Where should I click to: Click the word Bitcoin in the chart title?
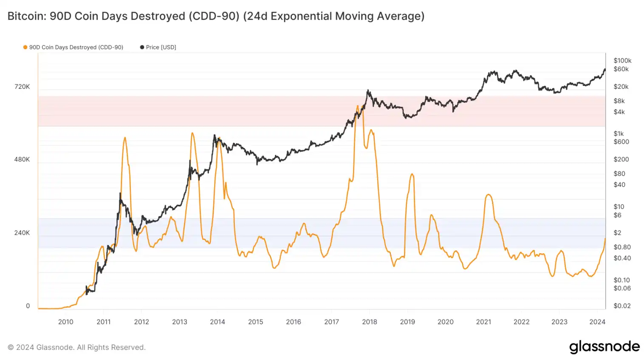[x=26, y=16]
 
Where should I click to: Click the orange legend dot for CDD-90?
[x=25, y=47]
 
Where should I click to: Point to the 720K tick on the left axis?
[x=22, y=87]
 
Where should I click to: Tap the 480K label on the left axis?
[x=22, y=160]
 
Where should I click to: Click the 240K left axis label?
[x=22, y=233]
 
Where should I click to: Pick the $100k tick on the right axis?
[x=622, y=61]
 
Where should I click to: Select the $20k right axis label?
[x=621, y=87]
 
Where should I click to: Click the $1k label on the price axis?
[x=619, y=133]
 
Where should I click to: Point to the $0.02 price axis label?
[x=622, y=306]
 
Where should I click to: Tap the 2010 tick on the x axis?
[x=65, y=322]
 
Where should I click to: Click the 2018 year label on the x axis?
[x=370, y=322]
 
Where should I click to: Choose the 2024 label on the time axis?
[x=597, y=322]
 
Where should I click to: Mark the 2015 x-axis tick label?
[x=256, y=322]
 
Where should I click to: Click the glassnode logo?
[x=604, y=347]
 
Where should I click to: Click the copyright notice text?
[x=76, y=347]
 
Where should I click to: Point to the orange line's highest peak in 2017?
[x=357, y=106]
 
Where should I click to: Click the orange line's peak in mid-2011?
[x=125, y=138]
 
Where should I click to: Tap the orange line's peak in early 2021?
[x=489, y=195]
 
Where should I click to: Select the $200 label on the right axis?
[x=621, y=159]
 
